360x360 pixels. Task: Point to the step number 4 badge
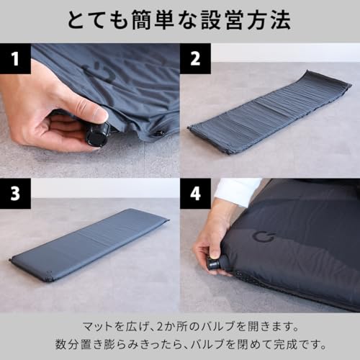[195, 193]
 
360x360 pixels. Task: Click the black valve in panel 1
[99, 134]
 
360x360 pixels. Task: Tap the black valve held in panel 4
[215, 264]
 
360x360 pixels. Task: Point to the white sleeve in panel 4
[238, 191]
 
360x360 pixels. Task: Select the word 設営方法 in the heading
[248, 20]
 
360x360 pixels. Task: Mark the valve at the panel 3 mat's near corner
[48, 274]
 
